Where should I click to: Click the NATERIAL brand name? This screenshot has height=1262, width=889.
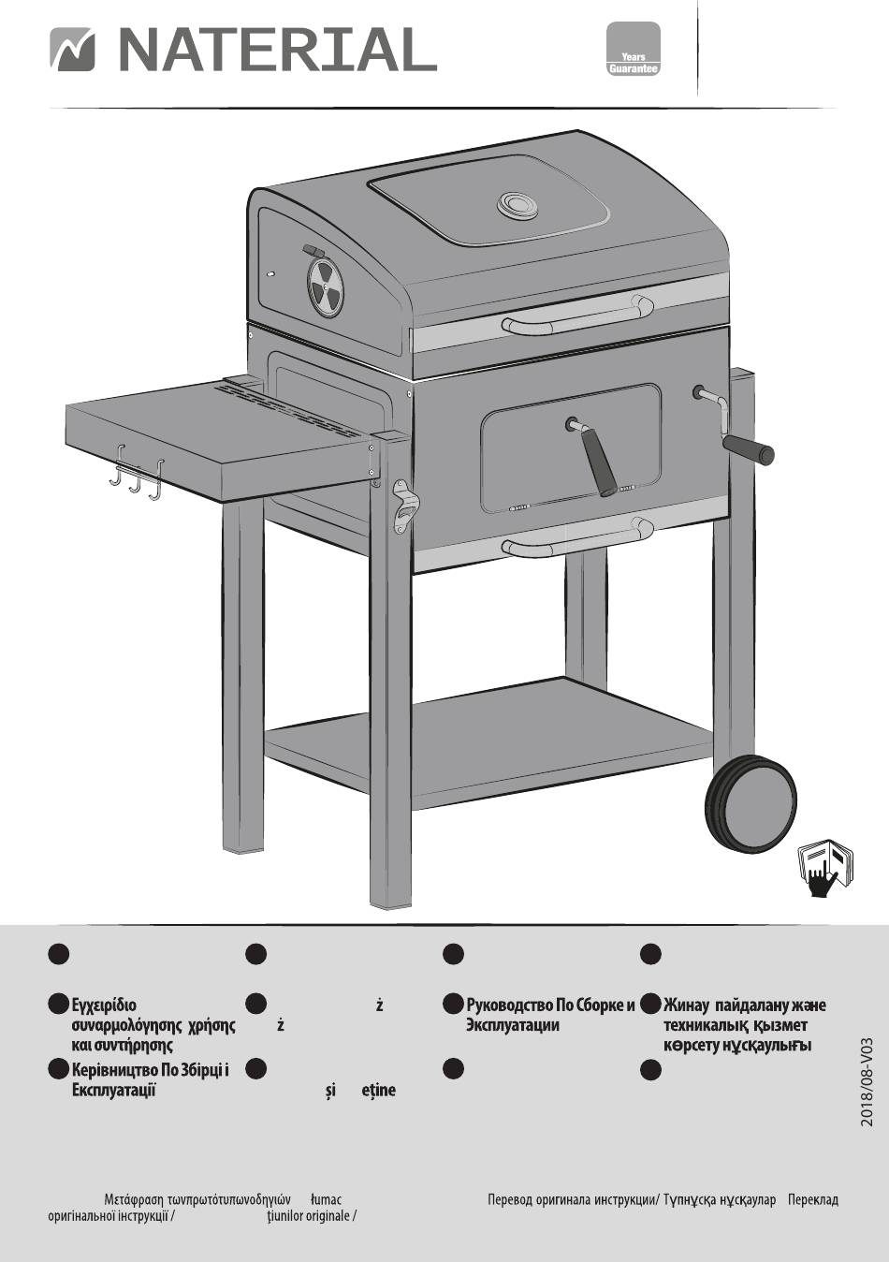[x=276, y=50]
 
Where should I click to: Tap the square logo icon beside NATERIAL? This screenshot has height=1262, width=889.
[x=72, y=50]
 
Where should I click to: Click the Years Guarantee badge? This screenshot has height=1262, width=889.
[x=634, y=49]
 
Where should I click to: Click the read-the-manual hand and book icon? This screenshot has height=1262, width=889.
[x=825, y=868]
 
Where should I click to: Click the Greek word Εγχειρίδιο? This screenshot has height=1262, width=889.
[x=110, y=1005]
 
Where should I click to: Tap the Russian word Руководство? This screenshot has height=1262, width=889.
[x=509, y=1005]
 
